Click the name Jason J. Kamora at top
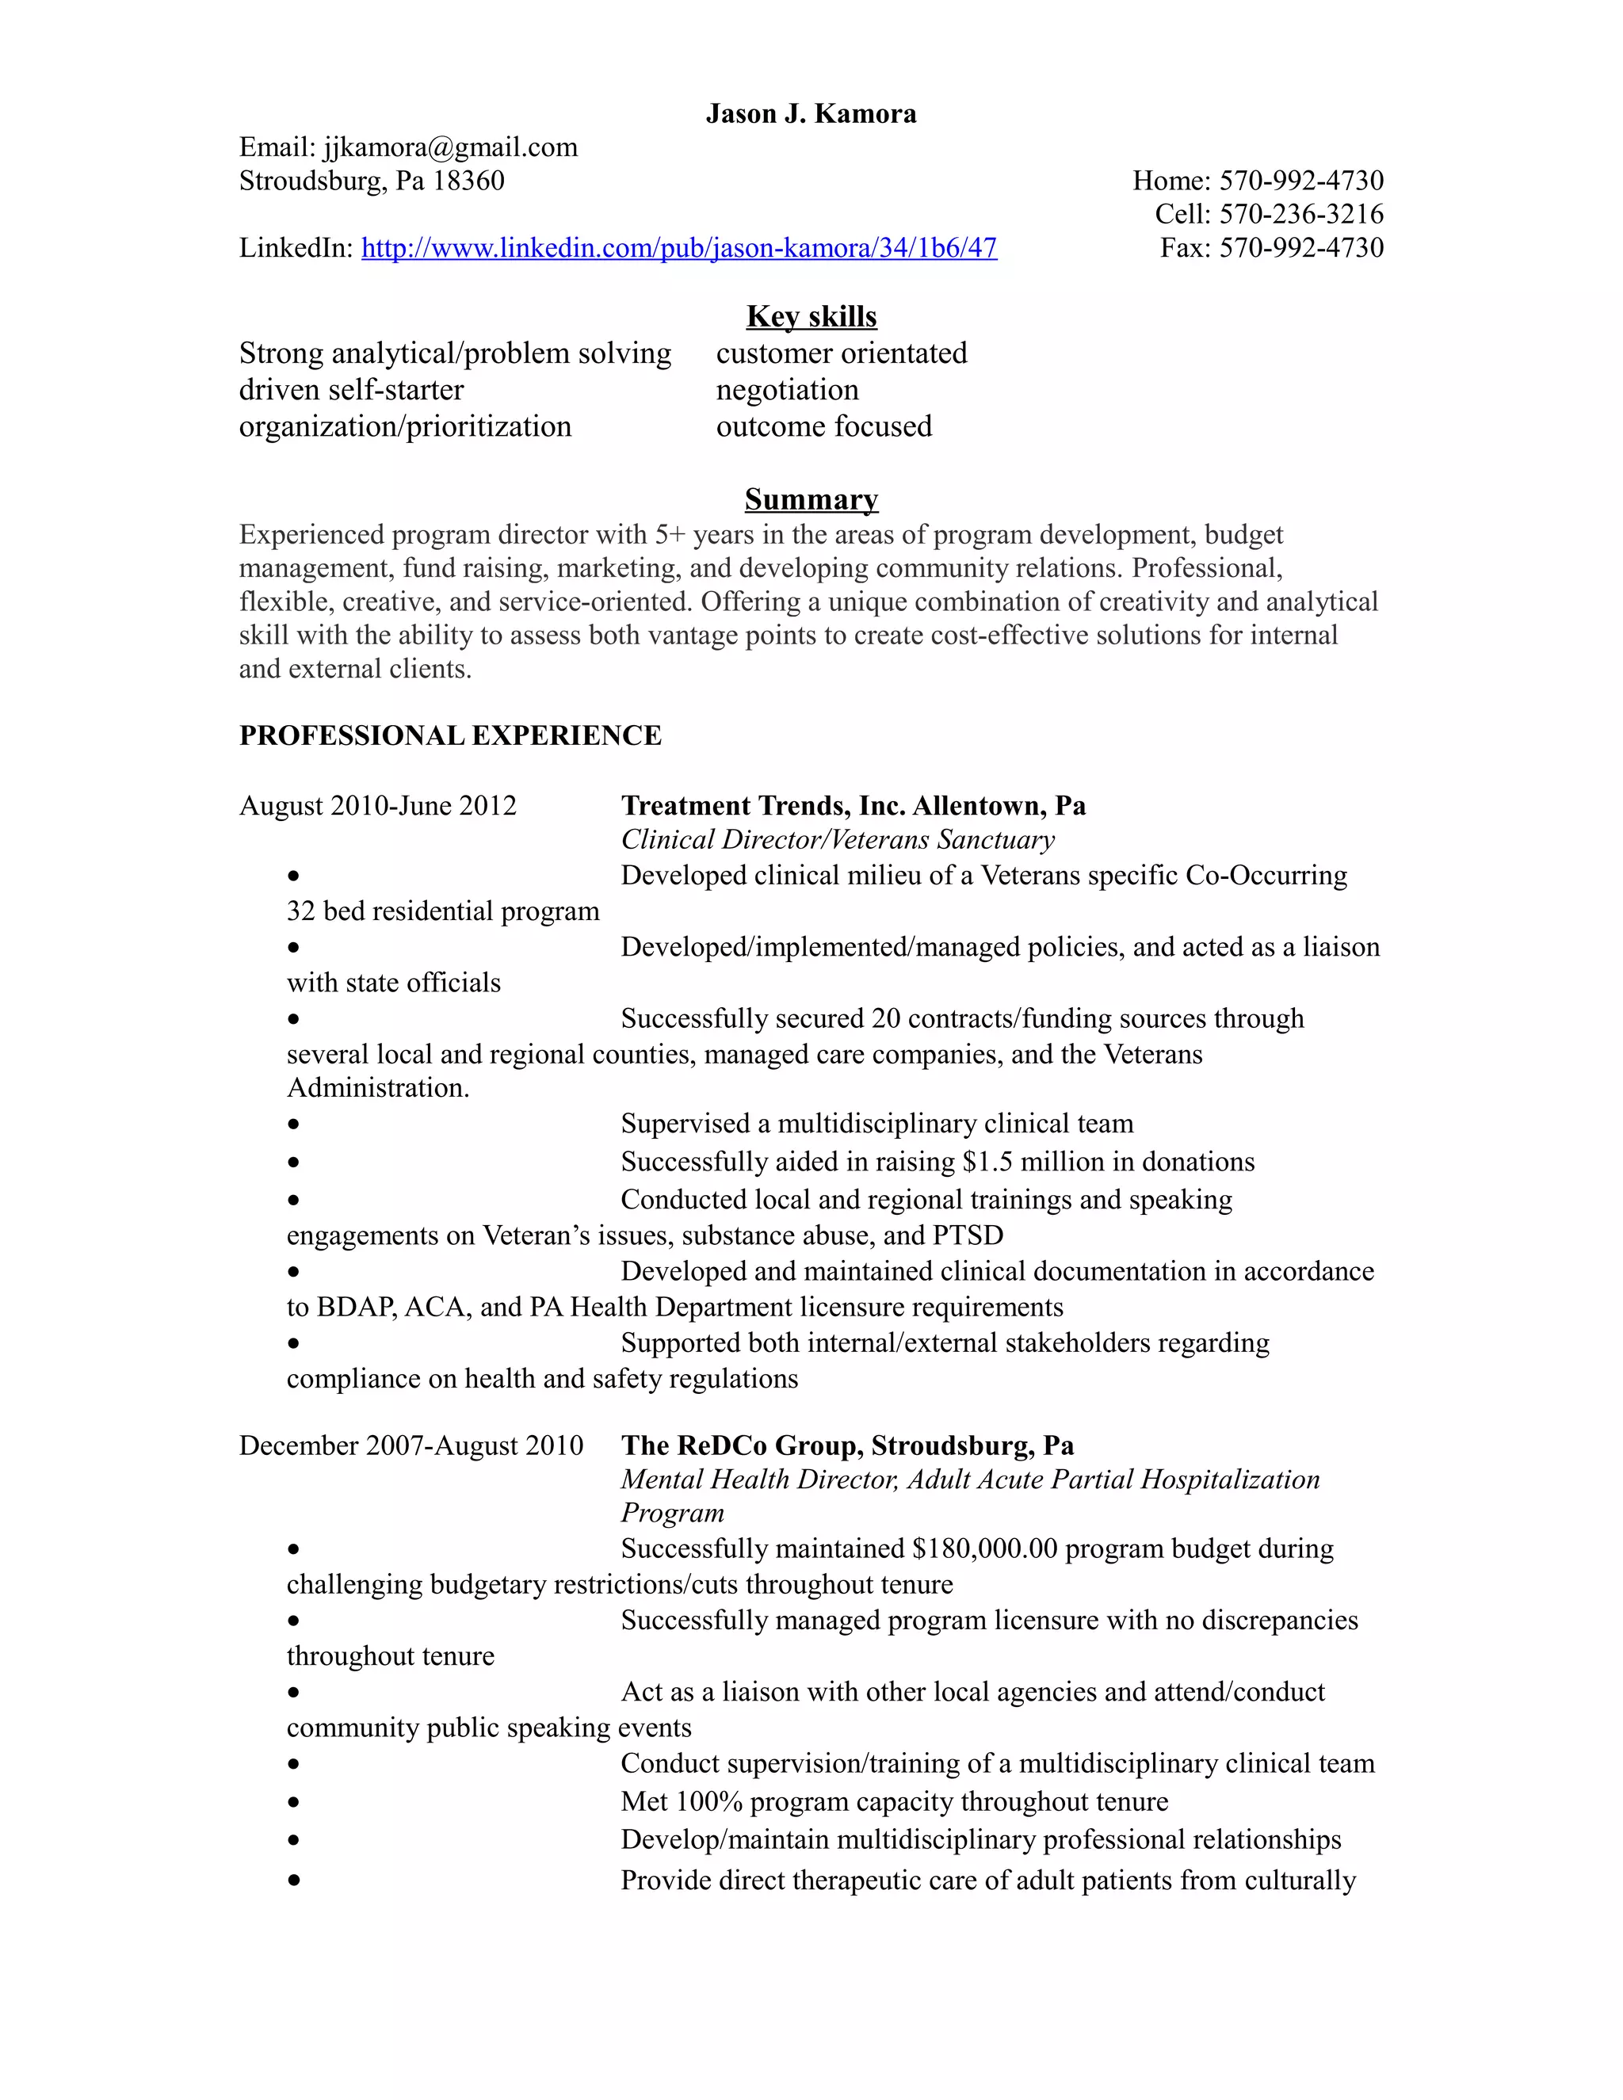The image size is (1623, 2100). coord(811,113)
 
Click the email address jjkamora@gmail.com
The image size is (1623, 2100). coord(450,147)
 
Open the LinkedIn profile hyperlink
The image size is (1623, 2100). coord(679,248)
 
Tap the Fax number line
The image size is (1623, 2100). coord(1271,247)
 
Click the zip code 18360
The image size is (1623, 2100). coord(468,181)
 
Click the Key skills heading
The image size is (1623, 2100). coord(811,316)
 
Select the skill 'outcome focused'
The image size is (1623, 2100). coord(823,426)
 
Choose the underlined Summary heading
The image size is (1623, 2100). coord(811,499)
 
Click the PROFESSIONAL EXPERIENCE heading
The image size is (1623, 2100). coord(450,735)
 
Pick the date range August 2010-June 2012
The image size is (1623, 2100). coord(377,806)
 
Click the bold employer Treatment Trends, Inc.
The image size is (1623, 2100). coord(762,806)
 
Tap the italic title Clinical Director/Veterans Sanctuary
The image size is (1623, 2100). coord(837,839)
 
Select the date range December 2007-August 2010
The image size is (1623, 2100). coord(411,1445)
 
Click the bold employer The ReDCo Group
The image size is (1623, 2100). coord(741,1445)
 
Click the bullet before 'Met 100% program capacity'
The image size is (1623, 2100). coord(293,1802)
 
